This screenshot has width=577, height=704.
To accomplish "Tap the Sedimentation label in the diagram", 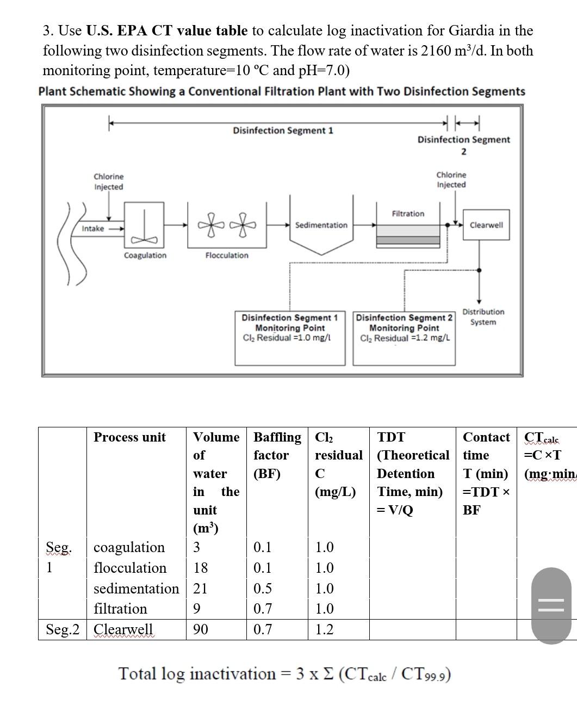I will (321, 225).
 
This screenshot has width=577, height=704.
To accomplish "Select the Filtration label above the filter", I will (408, 213).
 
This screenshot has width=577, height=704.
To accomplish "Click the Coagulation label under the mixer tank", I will (145, 255).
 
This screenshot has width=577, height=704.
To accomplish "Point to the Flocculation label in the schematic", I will (227, 255).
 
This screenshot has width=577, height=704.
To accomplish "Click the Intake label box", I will (93, 229).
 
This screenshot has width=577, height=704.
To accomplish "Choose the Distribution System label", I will (483, 317).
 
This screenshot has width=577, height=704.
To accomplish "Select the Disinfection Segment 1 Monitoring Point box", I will (290, 338).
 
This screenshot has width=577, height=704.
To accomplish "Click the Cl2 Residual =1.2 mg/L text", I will (405, 338).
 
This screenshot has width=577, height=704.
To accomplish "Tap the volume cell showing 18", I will (201, 568).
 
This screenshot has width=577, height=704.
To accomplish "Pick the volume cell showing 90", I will (201, 629).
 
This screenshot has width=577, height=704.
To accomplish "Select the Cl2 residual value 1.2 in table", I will (325, 629).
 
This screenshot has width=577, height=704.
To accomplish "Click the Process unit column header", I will (130, 437).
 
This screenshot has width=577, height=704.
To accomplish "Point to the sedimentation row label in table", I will (136, 589).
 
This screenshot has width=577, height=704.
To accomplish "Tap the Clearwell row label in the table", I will (123, 629).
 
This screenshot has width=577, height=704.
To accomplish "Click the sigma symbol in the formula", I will (328, 674).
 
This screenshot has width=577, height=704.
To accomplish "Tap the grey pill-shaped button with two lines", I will (552, 605).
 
